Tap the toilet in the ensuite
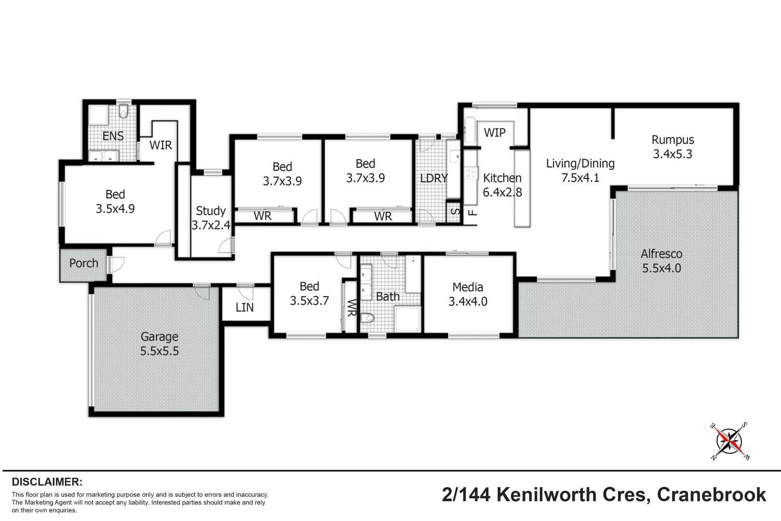(123, 112)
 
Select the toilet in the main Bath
(369, 318)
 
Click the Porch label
(83, 263)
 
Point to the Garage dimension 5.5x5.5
(160, 351)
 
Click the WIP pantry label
(495, 133)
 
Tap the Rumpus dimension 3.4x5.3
(673, 154)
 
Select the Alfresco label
(661, 254)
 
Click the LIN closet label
(244, 308)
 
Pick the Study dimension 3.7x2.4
(211, 225)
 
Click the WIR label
(161, 145)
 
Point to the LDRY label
(434, 178)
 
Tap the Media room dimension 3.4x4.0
(468, 302)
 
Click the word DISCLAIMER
(47, 482)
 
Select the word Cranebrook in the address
(712, 494)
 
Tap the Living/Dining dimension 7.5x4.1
(580, 178)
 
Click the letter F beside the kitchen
(473, 212)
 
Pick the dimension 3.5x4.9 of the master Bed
(115, 209)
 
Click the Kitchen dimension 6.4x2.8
(502, 192)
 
